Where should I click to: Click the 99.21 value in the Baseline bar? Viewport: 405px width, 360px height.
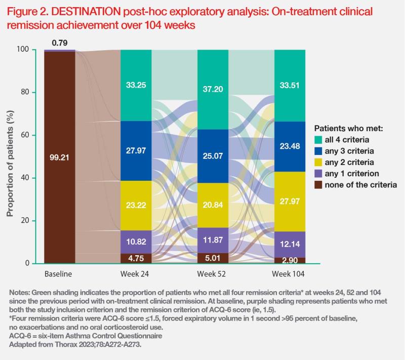pyautogui.click(x=59, y=157)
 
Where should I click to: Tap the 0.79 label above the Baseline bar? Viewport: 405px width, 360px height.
pyautogui.click(x=60, y=43)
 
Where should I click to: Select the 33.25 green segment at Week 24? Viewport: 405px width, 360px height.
pyautogui.click(x=136, y=85)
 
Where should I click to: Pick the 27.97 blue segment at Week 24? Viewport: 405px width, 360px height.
pyautogui.click(x=136, y=150)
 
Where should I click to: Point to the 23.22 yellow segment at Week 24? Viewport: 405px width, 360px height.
pyautogui.click(x=136, y=206)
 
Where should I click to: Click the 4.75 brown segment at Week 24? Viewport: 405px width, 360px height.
pyautogui.click(x=136, y=258)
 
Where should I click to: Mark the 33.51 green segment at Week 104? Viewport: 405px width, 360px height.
pyautogui.click(x=290, y=86)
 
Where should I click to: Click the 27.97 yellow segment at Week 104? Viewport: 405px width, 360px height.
pyautogui.click(x=290, y=202)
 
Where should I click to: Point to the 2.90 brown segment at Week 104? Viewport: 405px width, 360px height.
pyautogui.click(x=290, y=260)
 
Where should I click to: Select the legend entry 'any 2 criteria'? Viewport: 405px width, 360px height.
pyautogui.click(x=349, y=162)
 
